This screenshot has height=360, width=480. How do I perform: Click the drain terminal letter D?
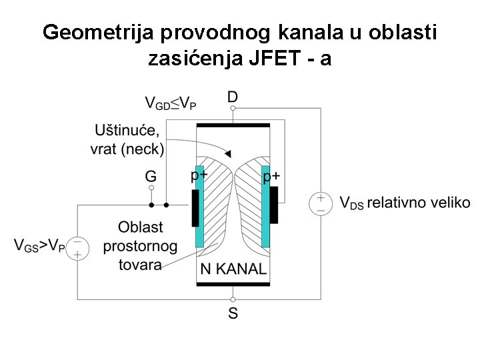(x=232, y=97)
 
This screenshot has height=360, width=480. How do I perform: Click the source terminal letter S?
(x=233, y=313)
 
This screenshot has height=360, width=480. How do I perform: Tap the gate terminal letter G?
(x=151, y=176)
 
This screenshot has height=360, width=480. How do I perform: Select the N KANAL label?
(x=233, y=270)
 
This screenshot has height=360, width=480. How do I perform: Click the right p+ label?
(x=271, y=176)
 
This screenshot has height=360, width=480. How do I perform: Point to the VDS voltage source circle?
(x=320, y=203)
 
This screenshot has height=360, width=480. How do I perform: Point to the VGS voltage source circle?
(x=77, y=247)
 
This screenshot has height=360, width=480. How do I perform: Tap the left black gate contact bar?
(x=194, y=207)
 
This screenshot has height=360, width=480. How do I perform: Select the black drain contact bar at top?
(x=233, y=125)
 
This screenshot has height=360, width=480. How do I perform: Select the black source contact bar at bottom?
(x=233, y=285)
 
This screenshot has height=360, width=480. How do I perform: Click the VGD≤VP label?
(x=171, y=103)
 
